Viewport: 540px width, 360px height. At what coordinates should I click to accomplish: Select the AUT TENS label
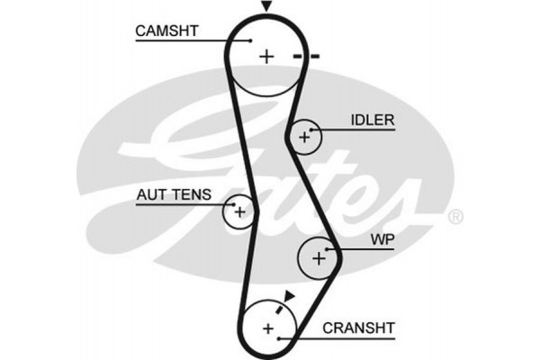tap(175, 193)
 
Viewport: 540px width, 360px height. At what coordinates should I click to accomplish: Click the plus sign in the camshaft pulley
tap(265, 57)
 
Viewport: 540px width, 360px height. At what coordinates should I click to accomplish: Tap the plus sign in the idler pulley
tap(304, 137)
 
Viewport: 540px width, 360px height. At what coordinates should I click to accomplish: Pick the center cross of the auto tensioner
tap(239, 211)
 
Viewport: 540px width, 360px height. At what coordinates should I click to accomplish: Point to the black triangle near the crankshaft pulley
tap(289, 294)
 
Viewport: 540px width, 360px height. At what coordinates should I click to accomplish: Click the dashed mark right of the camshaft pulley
tap(306, 57)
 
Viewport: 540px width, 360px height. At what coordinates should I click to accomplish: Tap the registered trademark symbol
tap(455, 216)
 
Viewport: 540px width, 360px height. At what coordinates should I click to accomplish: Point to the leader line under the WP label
tap(369, 249)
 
